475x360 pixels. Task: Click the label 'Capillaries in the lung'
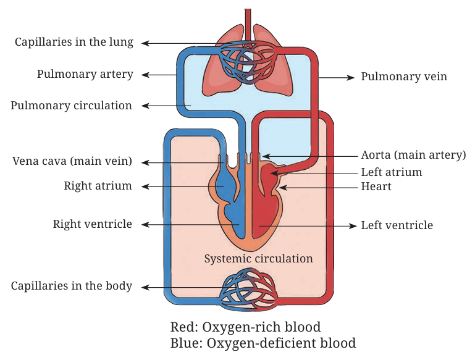tap(74, 42)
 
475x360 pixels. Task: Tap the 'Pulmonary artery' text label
tap(85, 74)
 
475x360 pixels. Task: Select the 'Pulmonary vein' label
tap(404, 77)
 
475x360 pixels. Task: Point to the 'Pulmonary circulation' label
tap(72, 106)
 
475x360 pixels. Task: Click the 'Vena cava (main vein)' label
tap(72, 161)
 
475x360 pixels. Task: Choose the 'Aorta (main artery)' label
tap(413, 155)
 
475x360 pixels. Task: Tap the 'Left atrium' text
tap(392, 172)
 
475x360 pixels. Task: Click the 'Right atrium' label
tap(98, 186)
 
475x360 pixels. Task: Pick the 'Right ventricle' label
tap(93, 224)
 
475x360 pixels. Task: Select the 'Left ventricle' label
tap(397, 225)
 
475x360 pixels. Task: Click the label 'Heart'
tap(376, 186)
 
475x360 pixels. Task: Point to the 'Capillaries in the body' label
tap(72, 286)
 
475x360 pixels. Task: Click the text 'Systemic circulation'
tap(258, 259)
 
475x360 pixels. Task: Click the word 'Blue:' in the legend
tap(187, 343)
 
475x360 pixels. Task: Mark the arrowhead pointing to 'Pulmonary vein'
tap(351, 78)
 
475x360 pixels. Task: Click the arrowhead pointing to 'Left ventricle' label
tap(353, 226)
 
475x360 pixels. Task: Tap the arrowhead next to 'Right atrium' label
tap(145, 186)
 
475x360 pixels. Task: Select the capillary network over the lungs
tap(248, 62)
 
